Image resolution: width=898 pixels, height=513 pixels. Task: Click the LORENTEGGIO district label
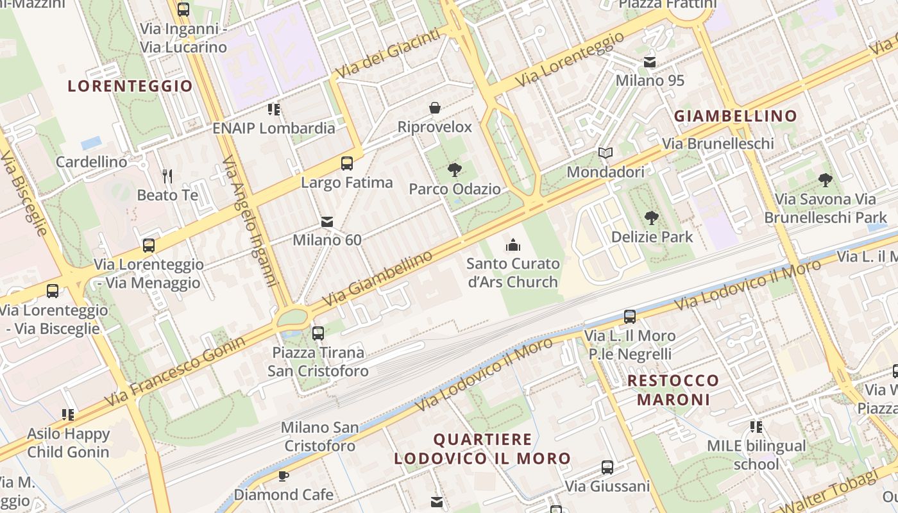(x=130, y=86)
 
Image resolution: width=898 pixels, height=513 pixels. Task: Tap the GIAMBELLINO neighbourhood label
(x=735, y=116)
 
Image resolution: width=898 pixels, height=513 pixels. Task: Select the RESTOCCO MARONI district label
(x=673, y=390)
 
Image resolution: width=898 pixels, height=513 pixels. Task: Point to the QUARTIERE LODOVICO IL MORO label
(x=482, y=449)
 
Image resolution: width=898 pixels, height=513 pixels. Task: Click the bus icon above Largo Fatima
(x=347, y=164)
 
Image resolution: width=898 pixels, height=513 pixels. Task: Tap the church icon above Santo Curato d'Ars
(x=513, y=244)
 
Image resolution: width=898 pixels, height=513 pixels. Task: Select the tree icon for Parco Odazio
(x=455, y=170)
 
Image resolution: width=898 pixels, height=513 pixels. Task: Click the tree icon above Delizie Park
(x=652, y=218)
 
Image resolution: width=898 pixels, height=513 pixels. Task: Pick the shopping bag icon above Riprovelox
(x=434, y=108)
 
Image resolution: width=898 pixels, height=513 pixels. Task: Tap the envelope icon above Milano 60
(x=327, y=222)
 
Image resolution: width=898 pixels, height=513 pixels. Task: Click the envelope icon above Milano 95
(x=650, y=62)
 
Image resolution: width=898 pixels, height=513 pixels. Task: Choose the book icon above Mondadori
(x=606, y=153)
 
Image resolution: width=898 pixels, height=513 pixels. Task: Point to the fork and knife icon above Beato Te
(x=167, y=176)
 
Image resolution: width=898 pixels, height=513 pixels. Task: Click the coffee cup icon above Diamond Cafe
(x=284, y=476)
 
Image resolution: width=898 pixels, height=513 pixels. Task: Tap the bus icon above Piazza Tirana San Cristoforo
(x=318, y=333)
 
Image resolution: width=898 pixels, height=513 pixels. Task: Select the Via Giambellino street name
(x=377, y=278)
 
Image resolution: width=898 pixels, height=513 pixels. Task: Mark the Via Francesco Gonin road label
(x=174, y=371)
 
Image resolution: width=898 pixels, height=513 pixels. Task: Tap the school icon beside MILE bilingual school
(x=756, y=426)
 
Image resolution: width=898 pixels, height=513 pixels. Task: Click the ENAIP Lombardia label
(x=274, y=128)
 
